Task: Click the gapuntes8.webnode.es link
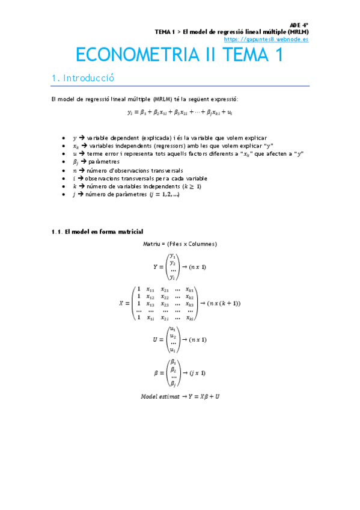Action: [x=266, y=39]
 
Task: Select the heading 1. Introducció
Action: [x=82, y=78]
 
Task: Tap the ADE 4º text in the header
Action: [x=299, y=25]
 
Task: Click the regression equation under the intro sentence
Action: [x=180, y=112]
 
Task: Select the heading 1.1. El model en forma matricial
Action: [x=97, y=232]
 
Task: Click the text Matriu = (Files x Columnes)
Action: [x=180, y=244]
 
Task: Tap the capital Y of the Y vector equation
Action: [x=156, y=266]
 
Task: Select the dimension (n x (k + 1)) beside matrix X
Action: [x=224, y=303]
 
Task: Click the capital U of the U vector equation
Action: [x=156, y=340]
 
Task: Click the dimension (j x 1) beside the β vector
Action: [x=198, y=373]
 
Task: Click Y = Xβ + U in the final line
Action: [x=202, y=396]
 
